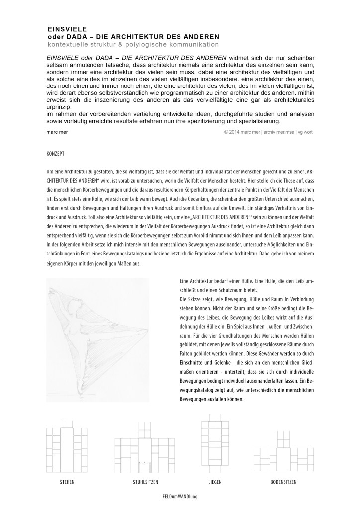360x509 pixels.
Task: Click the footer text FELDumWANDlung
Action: (180, 496)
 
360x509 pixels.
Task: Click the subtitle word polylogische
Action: (152, 45)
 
